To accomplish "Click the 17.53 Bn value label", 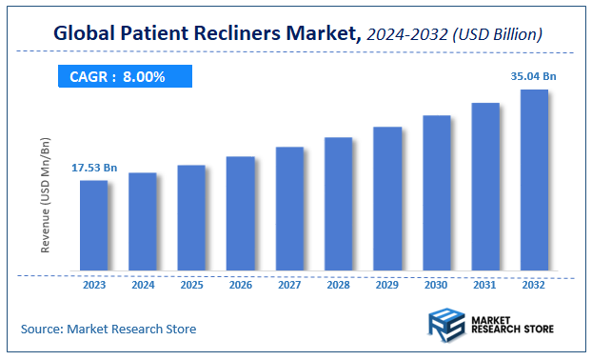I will click(x=94, y=169).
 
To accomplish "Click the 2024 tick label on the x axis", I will click(x=143, y=284).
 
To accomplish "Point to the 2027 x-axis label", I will click(x=289, y=284).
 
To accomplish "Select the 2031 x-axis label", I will click(x=485, y=284).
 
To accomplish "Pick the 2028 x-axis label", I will click(x=338, y=284).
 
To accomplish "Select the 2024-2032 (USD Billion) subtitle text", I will click(x=454, y=34).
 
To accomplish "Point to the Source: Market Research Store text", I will click(x=109, y=329).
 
